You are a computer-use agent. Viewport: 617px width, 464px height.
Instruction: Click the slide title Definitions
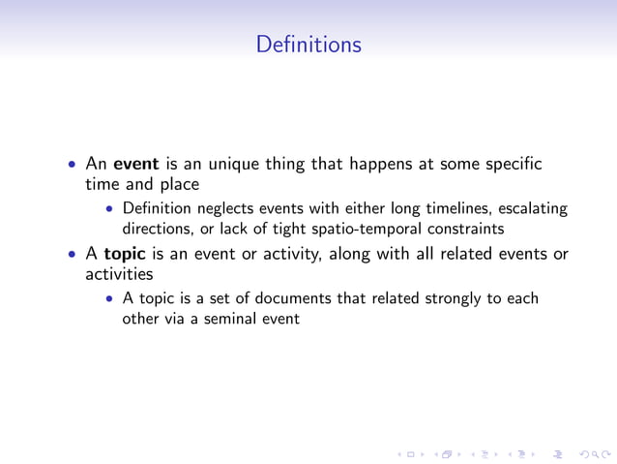click(x=308, y=45)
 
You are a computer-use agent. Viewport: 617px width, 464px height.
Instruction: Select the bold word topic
click(x=125, y=255)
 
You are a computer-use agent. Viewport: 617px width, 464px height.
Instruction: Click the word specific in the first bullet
click(x=514, y=164)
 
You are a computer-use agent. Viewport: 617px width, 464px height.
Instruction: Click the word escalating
click(x=530, y=208)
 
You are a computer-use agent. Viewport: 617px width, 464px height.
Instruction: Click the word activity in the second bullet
click(x=292, y=255)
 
